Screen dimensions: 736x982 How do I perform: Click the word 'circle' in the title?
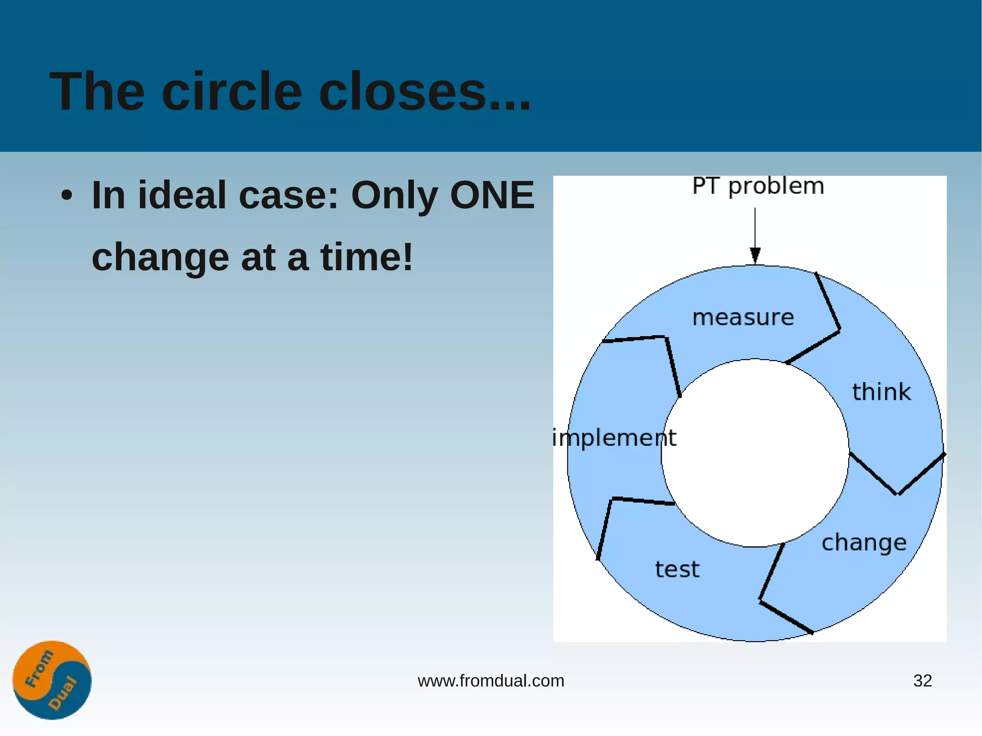(232, 91)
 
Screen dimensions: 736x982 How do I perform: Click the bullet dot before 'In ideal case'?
(67, 196)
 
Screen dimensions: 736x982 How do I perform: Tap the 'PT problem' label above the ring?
(758, 186)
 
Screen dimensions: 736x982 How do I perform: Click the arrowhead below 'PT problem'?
(755, 255)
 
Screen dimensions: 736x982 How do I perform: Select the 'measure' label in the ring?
(743, 317)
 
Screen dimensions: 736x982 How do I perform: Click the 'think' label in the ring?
(881, 392)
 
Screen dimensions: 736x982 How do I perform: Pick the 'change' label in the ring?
(864, 543)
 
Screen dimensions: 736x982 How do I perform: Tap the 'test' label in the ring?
(677, 569)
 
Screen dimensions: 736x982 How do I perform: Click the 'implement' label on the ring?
(614, 438)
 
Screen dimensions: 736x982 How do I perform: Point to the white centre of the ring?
(755, 453)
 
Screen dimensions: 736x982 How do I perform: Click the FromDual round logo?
(52, 680)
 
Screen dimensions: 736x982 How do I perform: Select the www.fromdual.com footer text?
(491, 681)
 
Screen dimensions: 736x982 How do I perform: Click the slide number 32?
(922, 681)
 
